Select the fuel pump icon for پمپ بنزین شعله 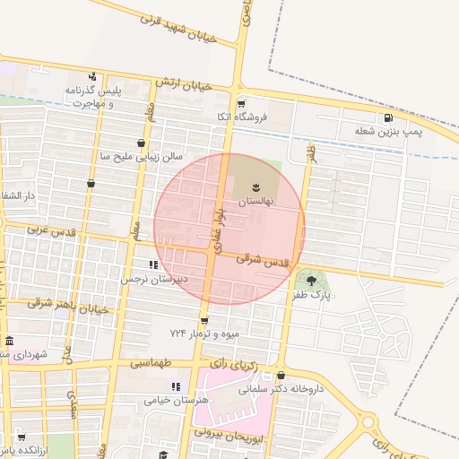[x=387, y=117]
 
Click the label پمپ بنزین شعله [x=386, y=133]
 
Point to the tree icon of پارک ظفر [x=311, y=281]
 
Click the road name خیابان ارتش [x=183, y=83]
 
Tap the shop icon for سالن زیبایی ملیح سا [x=141, y=143]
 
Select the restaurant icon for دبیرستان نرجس [x=153, y=265]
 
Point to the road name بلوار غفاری [x=218, y=222]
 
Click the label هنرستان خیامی [x=177, y=399]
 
